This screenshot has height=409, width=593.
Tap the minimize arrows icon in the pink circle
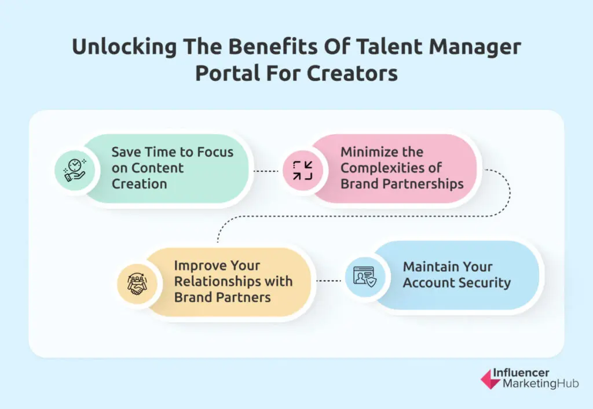[302, 171]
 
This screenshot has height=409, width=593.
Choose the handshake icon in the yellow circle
[137, 281]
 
